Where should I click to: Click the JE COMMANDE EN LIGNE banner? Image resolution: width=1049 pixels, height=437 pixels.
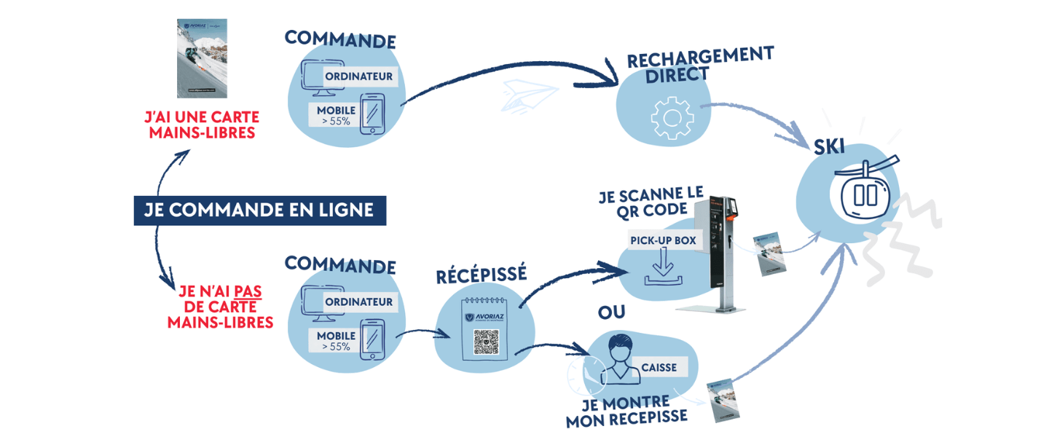pyautogui.click(x=259, y=210)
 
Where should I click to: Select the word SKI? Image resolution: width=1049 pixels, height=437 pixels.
pyautogui.click(x=829, y=147)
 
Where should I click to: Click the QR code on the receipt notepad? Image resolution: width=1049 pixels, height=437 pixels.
pyautogui.click(x=486, y=342)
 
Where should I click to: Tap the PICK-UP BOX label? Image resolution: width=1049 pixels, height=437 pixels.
pyautogui.click(x=663, y=240)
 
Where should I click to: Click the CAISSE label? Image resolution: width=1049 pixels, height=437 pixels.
pyautogui.click(x=659, y=368)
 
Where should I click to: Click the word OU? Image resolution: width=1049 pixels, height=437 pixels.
pyautogui.click(x=611, y=312)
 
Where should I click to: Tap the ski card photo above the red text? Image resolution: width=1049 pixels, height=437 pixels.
pyautogui.click(x=202, y=58)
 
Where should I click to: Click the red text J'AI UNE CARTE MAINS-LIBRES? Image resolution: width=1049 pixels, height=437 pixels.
pyautogui.click(x=202, y=125)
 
